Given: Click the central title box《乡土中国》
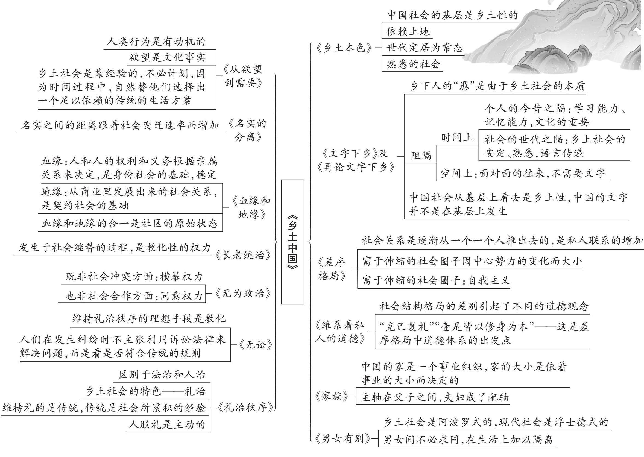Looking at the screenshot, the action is tap(292, 242).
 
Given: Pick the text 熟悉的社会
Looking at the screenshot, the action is tap(413, 64).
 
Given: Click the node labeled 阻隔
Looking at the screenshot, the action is tap(421, 155).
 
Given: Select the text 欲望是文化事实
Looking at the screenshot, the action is tap(167, 57).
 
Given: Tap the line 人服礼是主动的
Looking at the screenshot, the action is tap(167, 424).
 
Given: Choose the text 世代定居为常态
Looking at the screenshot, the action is tap(424, 48).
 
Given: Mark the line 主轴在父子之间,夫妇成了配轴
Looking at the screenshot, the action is tap(435, 397).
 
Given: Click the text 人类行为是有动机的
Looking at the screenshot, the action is tap(156, 42).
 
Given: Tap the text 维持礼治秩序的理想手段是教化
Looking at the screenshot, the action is tap(149, 318).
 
